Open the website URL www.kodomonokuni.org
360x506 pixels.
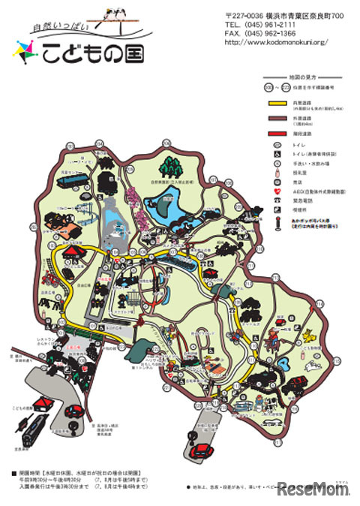click(277, 42)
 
